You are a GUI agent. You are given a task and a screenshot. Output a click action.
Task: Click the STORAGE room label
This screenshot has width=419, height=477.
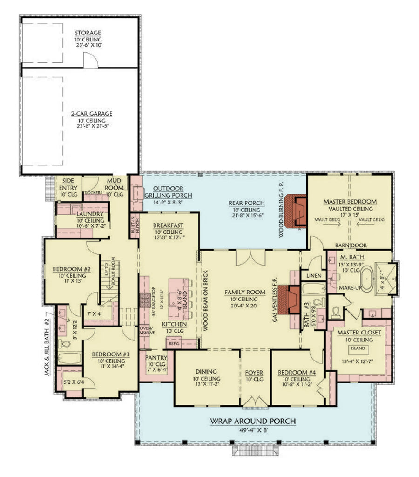coord(88,33)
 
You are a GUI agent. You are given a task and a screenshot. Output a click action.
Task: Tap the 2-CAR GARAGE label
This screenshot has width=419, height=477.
coord(88,113)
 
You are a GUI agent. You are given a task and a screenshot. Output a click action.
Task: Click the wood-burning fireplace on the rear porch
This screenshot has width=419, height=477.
coord(296,212)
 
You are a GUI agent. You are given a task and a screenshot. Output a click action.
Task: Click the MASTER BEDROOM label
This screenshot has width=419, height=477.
coord(350,202)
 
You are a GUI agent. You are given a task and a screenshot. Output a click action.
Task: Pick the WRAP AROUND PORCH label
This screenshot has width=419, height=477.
coord(253,421)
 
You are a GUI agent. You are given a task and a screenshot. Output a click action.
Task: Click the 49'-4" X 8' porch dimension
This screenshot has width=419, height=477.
coord(253,430)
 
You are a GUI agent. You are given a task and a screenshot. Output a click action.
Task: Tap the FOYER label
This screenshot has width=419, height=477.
coord(254,373)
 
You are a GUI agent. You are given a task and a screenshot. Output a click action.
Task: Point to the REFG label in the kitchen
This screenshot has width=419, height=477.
coord(174,343)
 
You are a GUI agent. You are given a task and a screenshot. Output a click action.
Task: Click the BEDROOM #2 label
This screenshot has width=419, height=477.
coord(68,269)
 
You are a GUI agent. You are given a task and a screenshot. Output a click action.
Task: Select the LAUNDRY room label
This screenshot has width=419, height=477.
coord(90,214)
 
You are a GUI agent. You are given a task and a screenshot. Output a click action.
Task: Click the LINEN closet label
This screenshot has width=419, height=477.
coord(313,276)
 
